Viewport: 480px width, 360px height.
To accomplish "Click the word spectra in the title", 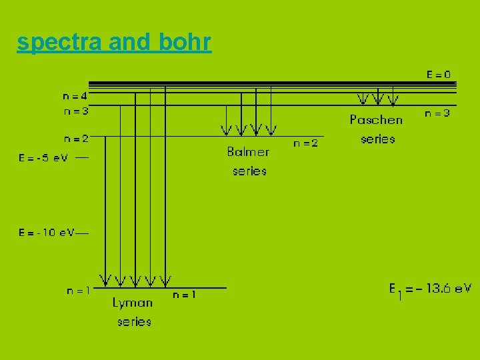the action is [59, 43].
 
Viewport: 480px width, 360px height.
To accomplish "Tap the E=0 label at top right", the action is [438, 74].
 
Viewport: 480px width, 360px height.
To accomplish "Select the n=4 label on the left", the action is [76, 96].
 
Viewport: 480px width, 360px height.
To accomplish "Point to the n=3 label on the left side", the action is [76, 111].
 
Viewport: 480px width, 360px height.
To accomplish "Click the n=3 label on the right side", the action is [437, 113].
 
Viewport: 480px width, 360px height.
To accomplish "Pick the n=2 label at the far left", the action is [76, 139].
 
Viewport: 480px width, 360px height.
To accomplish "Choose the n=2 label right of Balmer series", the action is [306, 143].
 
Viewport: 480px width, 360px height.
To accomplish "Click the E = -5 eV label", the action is [43, 158].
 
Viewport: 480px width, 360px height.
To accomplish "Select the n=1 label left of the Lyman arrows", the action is [78, 290].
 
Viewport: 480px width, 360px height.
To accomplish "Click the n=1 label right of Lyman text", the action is [184, 294].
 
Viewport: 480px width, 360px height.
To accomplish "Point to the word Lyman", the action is [133, 303].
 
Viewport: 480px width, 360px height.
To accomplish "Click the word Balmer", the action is [248, 151].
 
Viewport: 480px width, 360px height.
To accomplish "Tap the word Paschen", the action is [376, 119].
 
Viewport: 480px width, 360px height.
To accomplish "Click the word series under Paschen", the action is [378, 139].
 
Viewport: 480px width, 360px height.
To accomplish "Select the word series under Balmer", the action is [249, 171].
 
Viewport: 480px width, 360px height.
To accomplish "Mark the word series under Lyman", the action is [134, 321].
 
